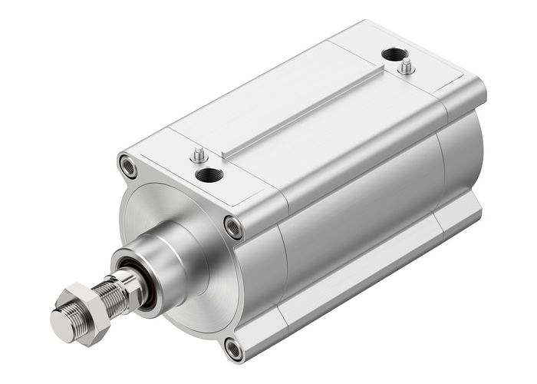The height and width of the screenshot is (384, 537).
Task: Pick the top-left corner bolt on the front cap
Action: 127,165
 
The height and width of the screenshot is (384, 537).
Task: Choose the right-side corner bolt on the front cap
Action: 232,226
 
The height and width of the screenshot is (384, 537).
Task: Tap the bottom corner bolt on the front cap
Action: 234,349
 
